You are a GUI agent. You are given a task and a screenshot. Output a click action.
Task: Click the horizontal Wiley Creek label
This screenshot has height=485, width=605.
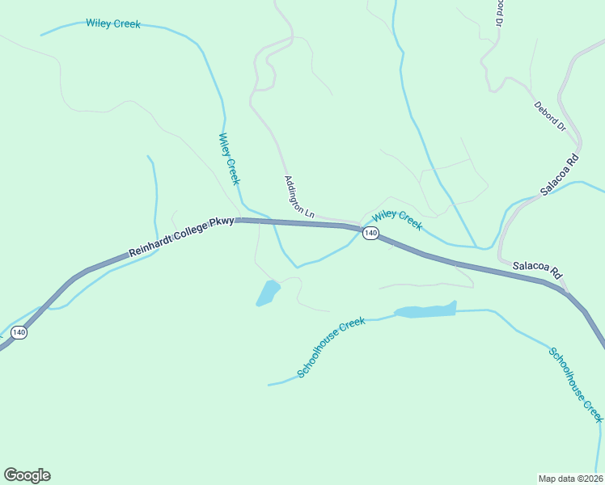(x=113, y=23)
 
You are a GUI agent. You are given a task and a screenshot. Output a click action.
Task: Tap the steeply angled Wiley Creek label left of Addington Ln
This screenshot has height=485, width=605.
(x=229, y=159)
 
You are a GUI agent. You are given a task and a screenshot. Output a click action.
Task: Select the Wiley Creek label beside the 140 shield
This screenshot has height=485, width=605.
(x=397, y=218)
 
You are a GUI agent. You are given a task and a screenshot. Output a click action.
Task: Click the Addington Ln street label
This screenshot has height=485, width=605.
(x=298, y=196)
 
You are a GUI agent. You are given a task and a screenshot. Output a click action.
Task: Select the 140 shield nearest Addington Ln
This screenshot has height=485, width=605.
(x=370, y=233)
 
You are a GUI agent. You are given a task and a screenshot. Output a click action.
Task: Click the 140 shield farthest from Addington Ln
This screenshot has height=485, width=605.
(x=19, y=332)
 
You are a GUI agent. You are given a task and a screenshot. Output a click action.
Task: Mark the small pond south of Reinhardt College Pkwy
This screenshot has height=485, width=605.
(x=268, y=293)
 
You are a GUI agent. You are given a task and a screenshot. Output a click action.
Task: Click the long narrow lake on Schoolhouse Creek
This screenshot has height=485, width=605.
(x=425, y=311)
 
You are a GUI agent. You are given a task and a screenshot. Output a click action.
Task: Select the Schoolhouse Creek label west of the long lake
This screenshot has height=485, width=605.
(x=331, y=347)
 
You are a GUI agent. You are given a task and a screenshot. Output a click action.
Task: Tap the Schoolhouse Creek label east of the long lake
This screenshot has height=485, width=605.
(x=576, y=384)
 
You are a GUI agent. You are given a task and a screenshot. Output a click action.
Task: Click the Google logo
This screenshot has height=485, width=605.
(x=27, y=475)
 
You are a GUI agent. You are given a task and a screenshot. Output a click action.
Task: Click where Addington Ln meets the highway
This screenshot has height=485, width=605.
(x=353, y=225)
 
